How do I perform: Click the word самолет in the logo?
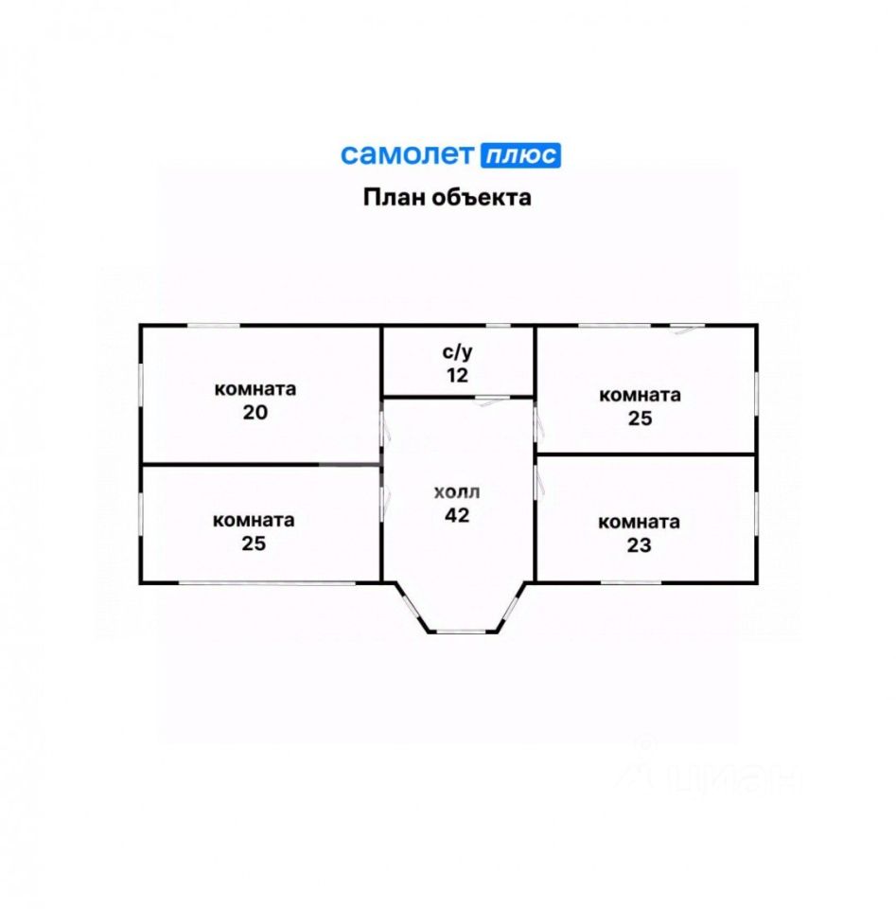click(x=408, y=154)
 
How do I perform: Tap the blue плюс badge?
click(x=520, y=155)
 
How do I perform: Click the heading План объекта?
click(x=448, y=198)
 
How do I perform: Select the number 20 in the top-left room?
click(x=255, y=412)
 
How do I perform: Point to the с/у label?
click(x=458, y=352)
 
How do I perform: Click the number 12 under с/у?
click(x=458, y=375)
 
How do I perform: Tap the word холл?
click(x=457, y=492)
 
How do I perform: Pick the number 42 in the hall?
click(x=457, y=516)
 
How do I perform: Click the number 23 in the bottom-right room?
click(x=639, y=545)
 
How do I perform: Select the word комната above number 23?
click(x=639, y=522)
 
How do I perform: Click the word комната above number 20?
click(x=255, y=388)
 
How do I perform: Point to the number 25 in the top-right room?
click(x=640, y=419)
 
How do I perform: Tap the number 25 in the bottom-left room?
click(x=254, y=544)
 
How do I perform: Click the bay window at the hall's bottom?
click(x=458, y=631)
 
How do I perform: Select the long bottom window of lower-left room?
click(x=268, y=582)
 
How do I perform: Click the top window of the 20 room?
click(x=212, y=326)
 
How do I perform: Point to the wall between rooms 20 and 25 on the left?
click(x=260, y=465)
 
